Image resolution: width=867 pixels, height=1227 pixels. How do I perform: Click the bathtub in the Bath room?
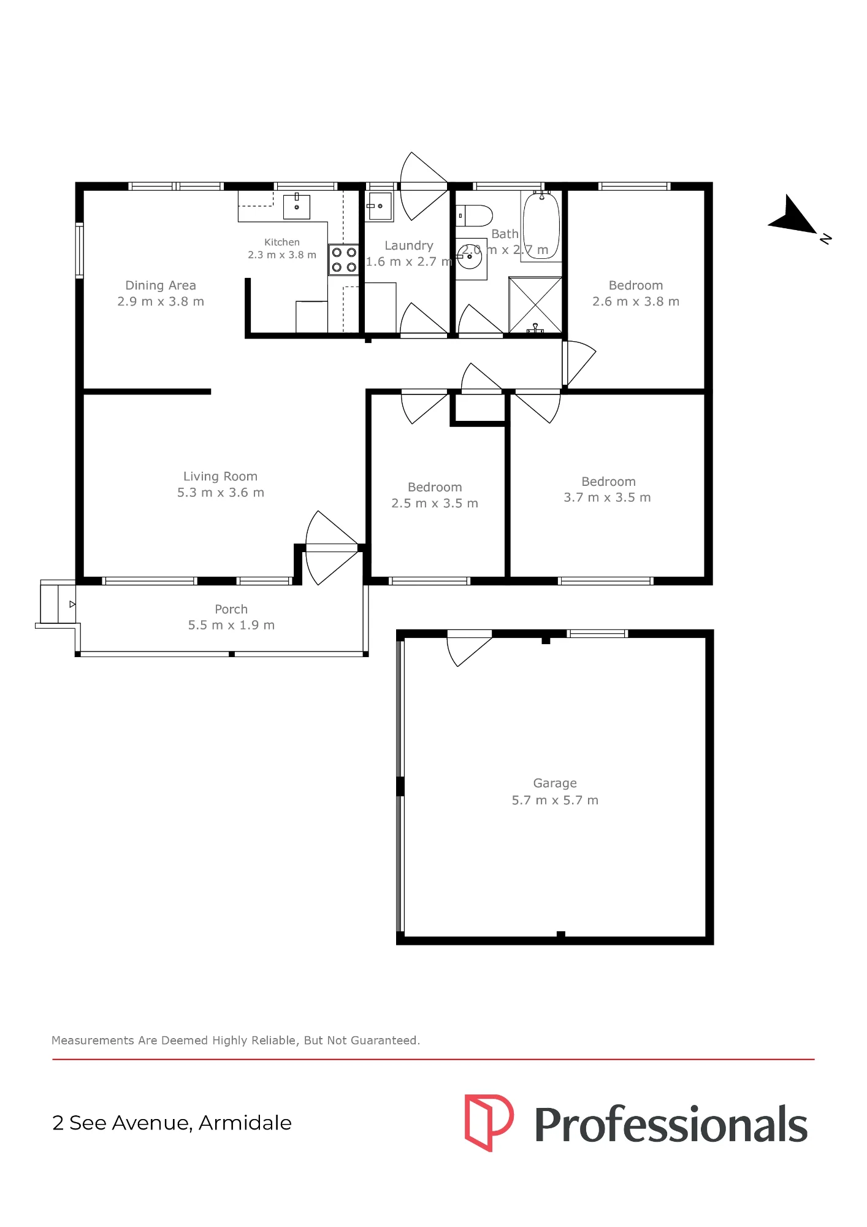click(x=541, y=226)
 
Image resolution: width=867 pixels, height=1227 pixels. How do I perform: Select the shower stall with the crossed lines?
click(x=535, y=305)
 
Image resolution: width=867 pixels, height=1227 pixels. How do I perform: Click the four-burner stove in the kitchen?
click(x=343, y=260)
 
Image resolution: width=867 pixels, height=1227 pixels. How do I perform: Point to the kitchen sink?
click(x=297, y=207)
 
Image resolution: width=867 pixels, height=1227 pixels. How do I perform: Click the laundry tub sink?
click(x=379, y=206)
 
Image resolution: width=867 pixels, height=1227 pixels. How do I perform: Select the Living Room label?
click(x=220, y=476)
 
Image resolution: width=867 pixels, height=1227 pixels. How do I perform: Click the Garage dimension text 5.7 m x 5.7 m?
click(x=555, y=800)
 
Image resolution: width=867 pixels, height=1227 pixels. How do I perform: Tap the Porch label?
click(x=231, y=609)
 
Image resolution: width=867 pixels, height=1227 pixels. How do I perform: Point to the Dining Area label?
click(x=161, y=285)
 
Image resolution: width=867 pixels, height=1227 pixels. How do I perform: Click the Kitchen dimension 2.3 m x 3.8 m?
click(x=282, y=255)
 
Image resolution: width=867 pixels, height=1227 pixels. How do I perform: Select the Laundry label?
click(x=409, y=245)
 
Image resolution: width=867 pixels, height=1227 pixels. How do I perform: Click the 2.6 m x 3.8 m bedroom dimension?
click(x=636, y=301)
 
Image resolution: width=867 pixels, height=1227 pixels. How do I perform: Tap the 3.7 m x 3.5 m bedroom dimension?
click(x=607, y=498)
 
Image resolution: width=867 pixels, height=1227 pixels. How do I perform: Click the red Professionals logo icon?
click(x=489, y=1122)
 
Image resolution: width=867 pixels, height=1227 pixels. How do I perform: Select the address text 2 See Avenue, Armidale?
click(x=172, y=1123)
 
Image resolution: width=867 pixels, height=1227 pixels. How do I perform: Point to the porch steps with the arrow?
click(x=58, y=604)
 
